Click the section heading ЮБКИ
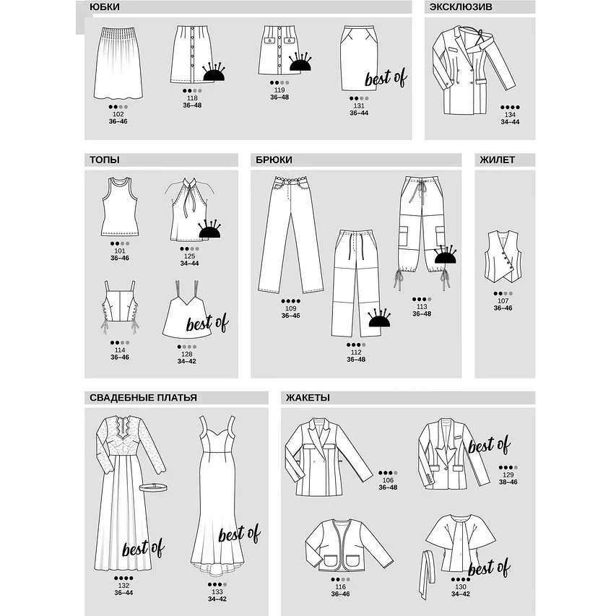tap(105, 7)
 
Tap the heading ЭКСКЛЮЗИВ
tap(461, 7)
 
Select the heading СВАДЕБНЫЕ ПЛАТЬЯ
tap(143, 398)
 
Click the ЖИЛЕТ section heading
tap(497, 160)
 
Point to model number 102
tap(118, 114)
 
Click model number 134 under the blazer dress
tap(510, 115)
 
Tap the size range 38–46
tap(508, 482)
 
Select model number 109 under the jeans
tap(291, 308)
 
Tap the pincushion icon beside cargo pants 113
tap(445, 254)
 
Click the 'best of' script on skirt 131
tap(386, 78)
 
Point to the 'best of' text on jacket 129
tap(489, 445)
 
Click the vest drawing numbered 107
tap(503, 256)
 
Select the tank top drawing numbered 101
tap(120, 207)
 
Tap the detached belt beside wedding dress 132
tap(153, 487)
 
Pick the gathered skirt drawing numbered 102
tap(118, 63)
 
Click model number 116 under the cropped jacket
tap(340, 587)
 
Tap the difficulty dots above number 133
tap(217, 584)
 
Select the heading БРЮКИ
tap(274, 160)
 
